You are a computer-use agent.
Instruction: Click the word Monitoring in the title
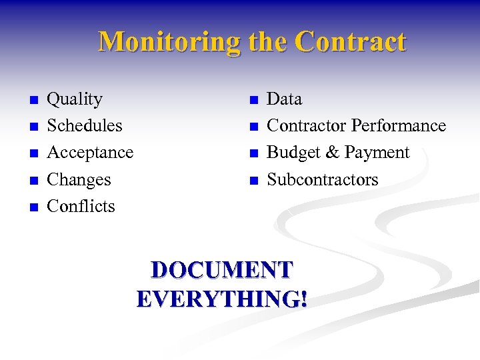(170, 42)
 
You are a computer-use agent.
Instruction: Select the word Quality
(75, 100)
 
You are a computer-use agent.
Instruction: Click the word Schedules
(85, 126)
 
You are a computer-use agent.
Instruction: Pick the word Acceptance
(90, 153)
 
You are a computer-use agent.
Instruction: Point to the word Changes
(79, 180)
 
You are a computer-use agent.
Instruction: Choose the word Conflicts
(81, 207)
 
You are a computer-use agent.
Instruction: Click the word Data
(284, 99)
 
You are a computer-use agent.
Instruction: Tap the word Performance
(398, 126)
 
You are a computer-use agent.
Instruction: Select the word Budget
(294, 153)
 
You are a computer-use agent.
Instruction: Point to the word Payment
(377, 153)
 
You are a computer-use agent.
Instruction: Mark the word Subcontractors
(323, 180)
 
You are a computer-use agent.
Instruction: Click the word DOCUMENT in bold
(222, 270)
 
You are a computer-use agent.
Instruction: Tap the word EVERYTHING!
(222, 299)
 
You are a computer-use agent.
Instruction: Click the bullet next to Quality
(33, 101)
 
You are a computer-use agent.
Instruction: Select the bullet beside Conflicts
(33, 207)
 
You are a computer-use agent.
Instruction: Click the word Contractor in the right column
(306, 126)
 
